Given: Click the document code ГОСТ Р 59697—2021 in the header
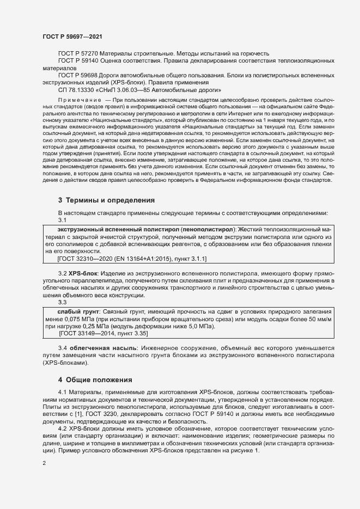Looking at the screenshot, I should [72, 36].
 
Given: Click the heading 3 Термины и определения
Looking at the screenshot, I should [106, 200].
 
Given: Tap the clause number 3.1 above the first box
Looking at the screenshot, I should [62, 220].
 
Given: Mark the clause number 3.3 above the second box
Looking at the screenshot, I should [62, 302].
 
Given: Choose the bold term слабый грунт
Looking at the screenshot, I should [75, 311].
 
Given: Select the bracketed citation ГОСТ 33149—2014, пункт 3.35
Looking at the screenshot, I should [103, 333].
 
